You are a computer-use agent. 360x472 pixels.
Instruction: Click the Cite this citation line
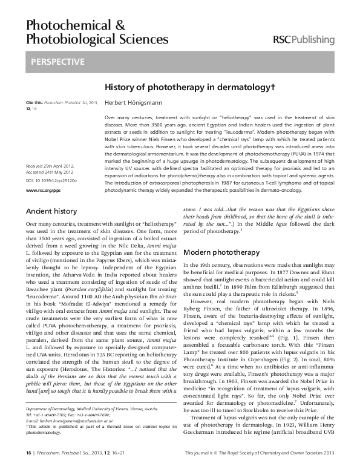[x=61, y=103]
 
